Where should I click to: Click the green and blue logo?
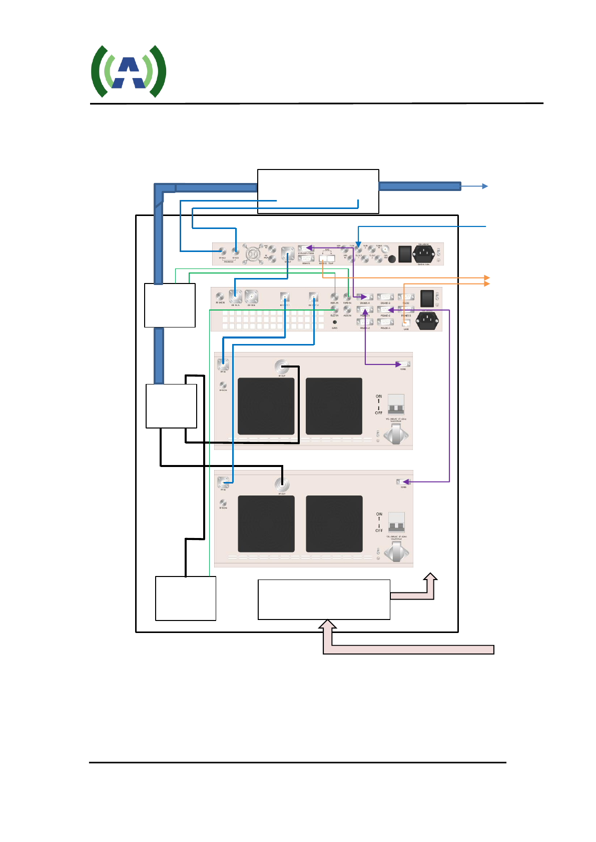pos(129,71)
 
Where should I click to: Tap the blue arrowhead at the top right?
pos(485,186)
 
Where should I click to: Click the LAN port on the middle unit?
pos(406,323)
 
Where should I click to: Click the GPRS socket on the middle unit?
pos(334,322)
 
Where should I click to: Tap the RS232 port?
pos(406,297)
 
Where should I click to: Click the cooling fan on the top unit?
pos(253,254)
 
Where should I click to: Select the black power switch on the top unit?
pos(404,253)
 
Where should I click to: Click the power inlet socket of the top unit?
pos(424,253)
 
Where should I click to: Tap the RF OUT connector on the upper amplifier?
pos(282,367)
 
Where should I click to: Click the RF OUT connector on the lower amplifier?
pos(282,484)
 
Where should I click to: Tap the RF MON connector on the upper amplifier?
pos(223,385)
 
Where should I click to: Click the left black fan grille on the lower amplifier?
pos(266,523)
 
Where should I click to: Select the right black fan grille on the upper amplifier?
pos(334,406)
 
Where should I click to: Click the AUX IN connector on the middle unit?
pos(347,310)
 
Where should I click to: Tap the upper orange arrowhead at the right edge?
pos(486,277)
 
